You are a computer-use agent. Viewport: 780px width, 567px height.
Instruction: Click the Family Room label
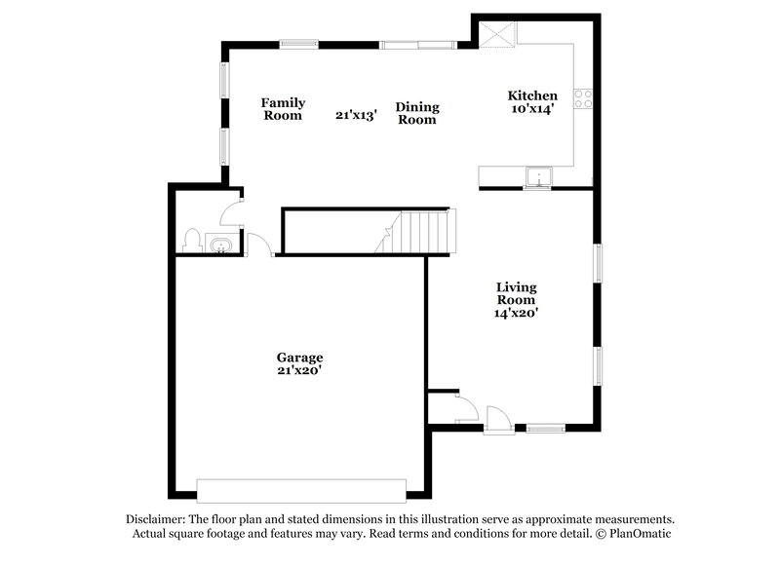(283, 109)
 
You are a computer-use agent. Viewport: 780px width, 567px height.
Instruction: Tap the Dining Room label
(416, 113)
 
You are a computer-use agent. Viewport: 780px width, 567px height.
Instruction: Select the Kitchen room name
(532, 95)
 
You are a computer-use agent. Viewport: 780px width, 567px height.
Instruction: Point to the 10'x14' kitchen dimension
(531, 109)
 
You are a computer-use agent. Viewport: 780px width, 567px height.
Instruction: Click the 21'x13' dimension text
(356, 114)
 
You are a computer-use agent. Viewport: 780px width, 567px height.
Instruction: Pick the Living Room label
(516, 293)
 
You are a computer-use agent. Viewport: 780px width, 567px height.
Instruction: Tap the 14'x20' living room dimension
(516, 314)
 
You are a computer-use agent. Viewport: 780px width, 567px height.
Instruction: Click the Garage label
(299, 358)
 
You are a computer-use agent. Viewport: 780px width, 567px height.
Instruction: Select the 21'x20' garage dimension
(299, 370)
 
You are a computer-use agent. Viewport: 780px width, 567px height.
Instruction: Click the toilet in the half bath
(192, 240)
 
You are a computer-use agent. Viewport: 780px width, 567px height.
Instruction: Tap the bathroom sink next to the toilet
(220, 243)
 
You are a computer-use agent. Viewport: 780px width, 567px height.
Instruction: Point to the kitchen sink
(538, 177)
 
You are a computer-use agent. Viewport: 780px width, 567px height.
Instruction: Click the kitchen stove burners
(583, 97)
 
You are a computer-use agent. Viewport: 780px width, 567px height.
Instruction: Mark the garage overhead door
(301, 490)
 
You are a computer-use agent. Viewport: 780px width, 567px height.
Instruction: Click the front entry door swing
(497, 418)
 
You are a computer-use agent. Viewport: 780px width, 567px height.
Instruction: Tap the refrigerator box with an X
(497, 34)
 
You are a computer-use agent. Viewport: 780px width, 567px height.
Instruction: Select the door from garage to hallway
(258, 245)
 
